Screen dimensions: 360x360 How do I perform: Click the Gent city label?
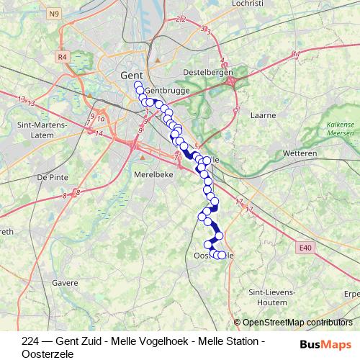[131, 75]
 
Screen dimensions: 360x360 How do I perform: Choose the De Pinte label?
[52, 176]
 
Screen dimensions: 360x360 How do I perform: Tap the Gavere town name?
[64, 283]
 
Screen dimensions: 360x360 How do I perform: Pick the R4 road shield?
[62, 56]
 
